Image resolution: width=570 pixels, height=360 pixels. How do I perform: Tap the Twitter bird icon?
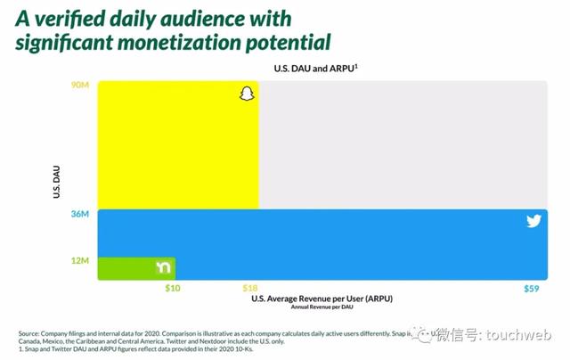point(533,221)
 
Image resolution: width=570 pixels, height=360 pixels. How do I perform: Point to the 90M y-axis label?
point(81,86)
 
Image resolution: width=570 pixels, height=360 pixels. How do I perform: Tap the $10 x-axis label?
point(174,289)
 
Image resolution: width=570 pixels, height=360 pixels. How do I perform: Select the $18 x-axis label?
point(251,289)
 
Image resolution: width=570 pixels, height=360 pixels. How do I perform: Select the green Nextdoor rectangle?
point(125,268)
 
